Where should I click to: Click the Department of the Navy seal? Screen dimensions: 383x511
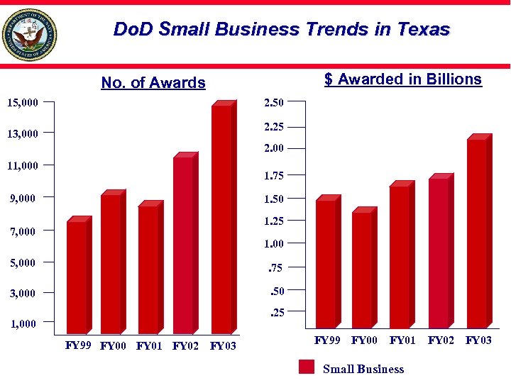(x=30, y=35)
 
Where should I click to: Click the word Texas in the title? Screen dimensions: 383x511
(x=424, y=29)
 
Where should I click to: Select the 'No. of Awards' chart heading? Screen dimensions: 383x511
(x=153, y=83)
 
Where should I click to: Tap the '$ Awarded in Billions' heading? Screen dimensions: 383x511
(x=402, y=79)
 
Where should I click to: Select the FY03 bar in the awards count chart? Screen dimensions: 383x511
(x=221, y=218)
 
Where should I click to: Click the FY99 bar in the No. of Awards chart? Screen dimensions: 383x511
(x=76, y=277)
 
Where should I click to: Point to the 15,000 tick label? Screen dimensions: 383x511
(x=23, y=104)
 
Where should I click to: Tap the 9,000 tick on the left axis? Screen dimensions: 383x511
(x=23, y=198)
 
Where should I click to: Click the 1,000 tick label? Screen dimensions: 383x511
(x=23, y=324)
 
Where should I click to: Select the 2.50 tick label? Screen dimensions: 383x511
(x=274, y=104)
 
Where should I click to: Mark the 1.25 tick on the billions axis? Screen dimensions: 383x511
(x=274, y=221)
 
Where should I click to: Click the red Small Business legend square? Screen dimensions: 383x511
(x=307, y=367)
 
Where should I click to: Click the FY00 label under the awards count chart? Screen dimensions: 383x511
(x=114, y=347)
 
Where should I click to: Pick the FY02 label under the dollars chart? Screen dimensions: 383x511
(x=441, y=340)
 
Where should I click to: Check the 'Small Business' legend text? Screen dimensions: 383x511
(x=363, y=369)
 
